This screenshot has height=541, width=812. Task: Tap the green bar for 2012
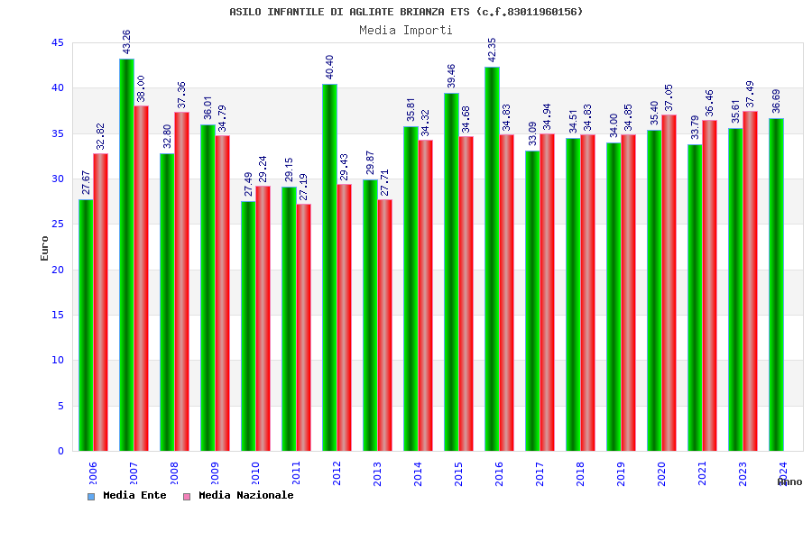coord(329,267)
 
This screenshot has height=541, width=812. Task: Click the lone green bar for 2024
coord(776,284)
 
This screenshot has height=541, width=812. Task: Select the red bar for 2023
coord(750,280)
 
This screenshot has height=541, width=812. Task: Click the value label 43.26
coord(126,41)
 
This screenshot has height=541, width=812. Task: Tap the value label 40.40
coord(329,67)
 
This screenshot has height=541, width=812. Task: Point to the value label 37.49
coord(750,94)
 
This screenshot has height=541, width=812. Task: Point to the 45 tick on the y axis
coord(58,42)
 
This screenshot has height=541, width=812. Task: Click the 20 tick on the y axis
coord(58,270)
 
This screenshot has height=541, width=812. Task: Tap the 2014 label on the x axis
coord(418,473)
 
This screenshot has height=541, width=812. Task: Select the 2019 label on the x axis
coord(621,473)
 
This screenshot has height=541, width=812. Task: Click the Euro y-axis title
coord(45,248)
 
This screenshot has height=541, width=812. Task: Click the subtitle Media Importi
coord(406,30)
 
